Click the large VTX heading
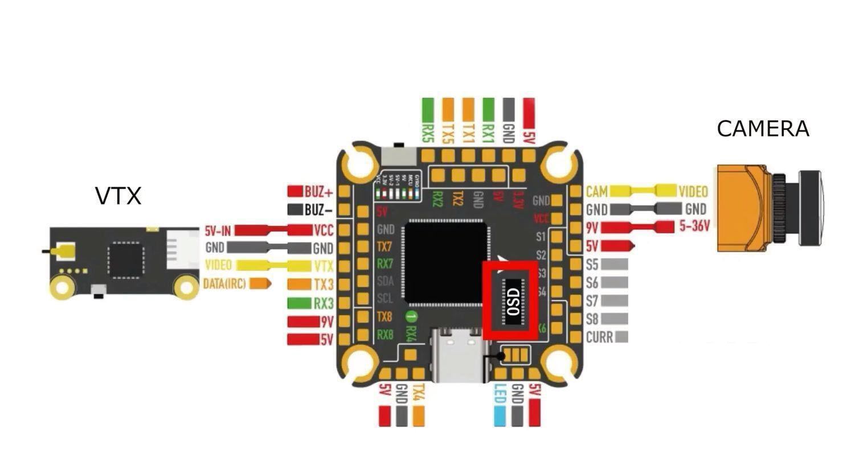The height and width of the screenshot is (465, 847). click(x=118, y=196)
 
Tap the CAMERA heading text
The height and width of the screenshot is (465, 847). click(x=762, y=129)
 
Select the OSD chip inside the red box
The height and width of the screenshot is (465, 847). click(x=513, y=300)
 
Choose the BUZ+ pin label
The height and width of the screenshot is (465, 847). click(x=318, y=192)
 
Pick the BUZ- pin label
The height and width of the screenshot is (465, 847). click(x=318, y=210)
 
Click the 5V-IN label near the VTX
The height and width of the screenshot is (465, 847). click(x=218, y=231)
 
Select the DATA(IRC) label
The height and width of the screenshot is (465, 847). click(x=224, y=283)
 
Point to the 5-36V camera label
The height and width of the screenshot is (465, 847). click(x=694, y=227)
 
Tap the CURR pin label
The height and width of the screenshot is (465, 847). click(x=599, y=338)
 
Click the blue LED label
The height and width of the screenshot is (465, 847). click(x=500, y=393)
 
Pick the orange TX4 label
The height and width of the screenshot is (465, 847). click(x=419, y=392)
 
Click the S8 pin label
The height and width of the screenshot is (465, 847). click(x=592, y=319)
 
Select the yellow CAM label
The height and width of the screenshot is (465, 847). click(x=596, y=191)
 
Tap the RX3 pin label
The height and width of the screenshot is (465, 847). click(x=324, y=303)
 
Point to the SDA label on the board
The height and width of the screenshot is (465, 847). click(x=385, y=281)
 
